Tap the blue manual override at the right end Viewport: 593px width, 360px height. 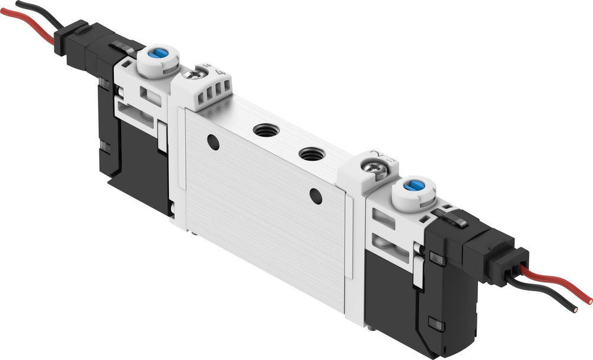click(414, 186)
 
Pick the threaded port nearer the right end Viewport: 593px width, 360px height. click(308, 154)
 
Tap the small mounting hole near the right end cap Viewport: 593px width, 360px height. click(316, 196)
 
